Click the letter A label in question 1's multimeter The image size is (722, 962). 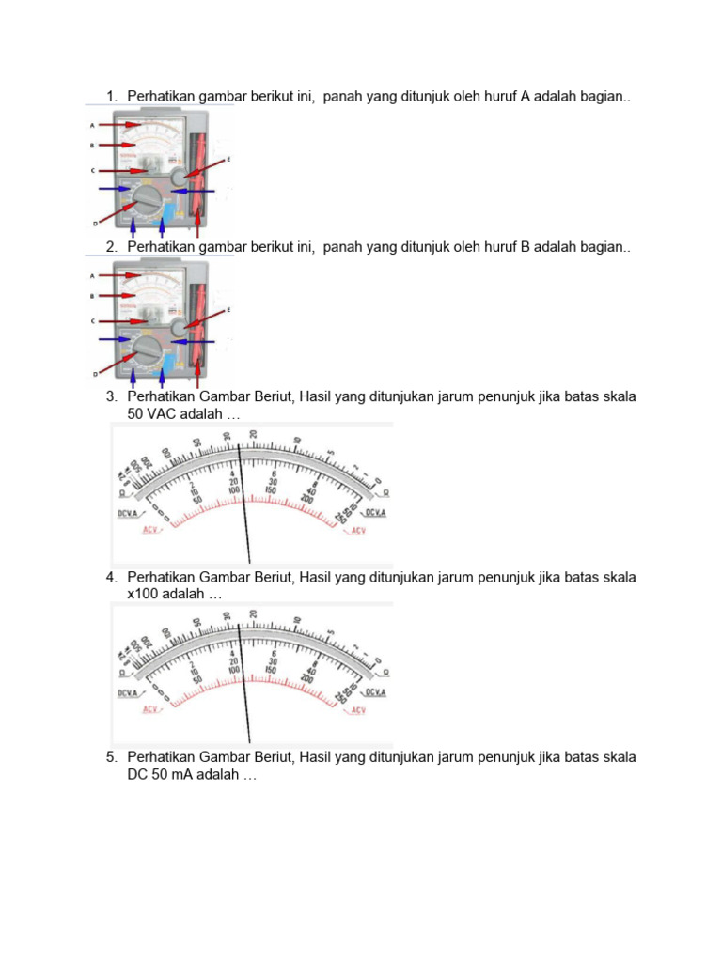pyautogui.click(x=92, y=125)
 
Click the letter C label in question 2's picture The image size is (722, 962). pyautogui.click(x=92, y=320)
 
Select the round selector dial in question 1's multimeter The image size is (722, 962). pyautogui.click(x=146, y=200)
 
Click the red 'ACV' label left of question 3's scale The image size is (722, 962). pyautogui.click(x=149, y=530)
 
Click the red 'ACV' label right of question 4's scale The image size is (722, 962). pyautogui.click(x=357, y=710)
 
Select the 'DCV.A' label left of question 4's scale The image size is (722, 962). pyautogui.click(x=127, y=692)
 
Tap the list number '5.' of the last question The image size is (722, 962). pyautogui.click(x=112, y=757)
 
